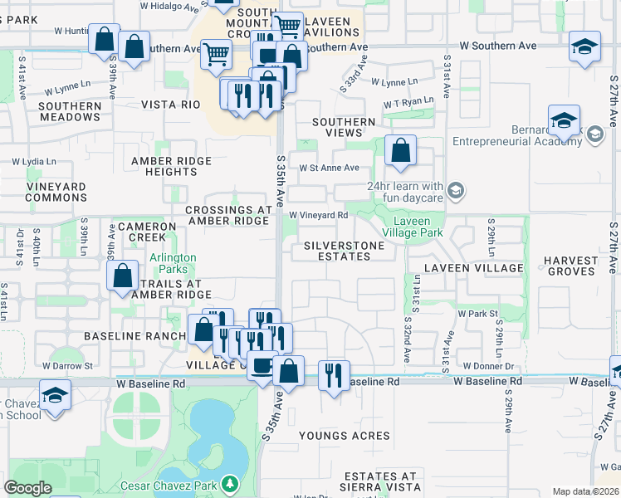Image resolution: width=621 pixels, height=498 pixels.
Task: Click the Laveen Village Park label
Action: point(412,227)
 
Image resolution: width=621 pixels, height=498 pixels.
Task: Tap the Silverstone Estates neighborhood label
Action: point(344,251)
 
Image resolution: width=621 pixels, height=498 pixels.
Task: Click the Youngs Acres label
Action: point(345,436)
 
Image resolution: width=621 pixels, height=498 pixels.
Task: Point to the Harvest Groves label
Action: point(571,266)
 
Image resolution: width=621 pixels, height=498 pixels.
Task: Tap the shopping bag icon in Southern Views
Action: point(400,151)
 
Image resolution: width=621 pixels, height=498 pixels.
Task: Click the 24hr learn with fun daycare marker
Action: point(455,192)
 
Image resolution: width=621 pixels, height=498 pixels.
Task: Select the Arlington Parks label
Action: point(173,264)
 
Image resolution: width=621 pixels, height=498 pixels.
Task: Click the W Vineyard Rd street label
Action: point(318,215)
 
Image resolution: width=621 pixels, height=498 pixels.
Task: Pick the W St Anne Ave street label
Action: point(329,168)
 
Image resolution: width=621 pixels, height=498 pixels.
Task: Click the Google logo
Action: point(28,488)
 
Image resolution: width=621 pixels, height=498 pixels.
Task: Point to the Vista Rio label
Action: point(171,105)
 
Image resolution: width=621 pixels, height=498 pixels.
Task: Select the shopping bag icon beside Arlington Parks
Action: point(123,276)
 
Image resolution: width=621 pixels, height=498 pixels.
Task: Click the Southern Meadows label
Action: point(70,111)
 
